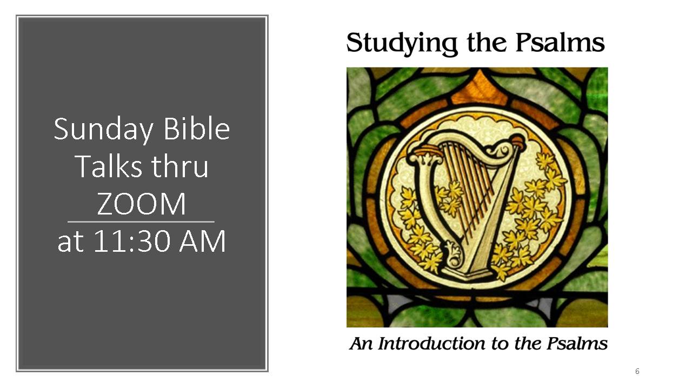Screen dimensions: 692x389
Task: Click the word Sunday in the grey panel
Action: tap(103, 130)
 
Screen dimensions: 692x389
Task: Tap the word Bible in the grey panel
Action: tap(196, 129)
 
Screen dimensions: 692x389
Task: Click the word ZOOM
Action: tap(142, 204)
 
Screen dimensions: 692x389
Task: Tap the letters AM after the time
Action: tap(203, 241)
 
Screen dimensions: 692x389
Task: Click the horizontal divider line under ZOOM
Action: tap(141, 222)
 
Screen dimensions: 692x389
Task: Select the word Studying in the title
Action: tap(402, 44)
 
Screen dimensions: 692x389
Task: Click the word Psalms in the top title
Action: tap(560, 42)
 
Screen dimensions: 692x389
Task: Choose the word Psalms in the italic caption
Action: tap(577, 344)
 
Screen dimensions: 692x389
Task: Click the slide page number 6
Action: tap(637, 371)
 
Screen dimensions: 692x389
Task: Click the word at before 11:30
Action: tap(71, 243)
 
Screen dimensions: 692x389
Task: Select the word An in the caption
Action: tap(362, 344)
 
